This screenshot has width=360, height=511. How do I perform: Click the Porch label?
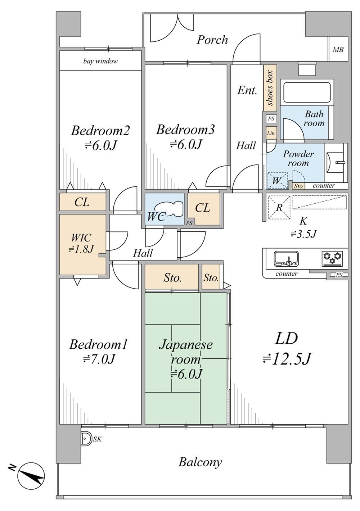pos(212,40)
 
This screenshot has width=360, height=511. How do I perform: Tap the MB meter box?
pos(338,49)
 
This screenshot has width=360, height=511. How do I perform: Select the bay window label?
pos(100,61)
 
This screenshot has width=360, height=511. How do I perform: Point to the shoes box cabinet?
pos(270,88)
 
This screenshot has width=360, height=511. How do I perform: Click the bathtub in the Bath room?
pos(307,92)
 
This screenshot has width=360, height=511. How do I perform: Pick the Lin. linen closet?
pos(271,134)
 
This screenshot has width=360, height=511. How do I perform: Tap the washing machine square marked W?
pos(278,180)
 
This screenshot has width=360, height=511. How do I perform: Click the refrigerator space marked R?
pos(279,207)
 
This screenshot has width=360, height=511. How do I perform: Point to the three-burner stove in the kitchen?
pos(332,259)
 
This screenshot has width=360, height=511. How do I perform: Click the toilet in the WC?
pos(168,209)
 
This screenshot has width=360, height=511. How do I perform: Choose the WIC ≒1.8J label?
pos(81,243)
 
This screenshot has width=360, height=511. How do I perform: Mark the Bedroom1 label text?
pos(98,345)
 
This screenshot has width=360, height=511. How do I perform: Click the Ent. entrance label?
pos(247,91)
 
